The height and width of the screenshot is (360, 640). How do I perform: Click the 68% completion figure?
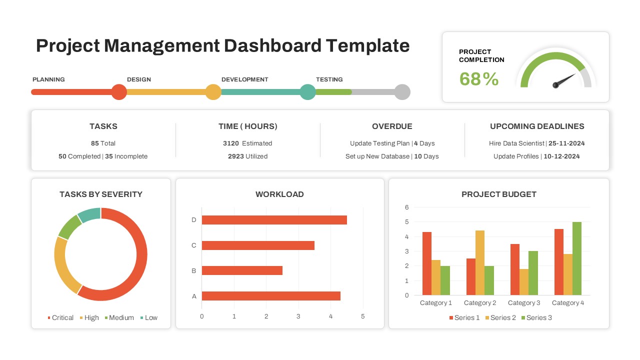(x=478, y=79)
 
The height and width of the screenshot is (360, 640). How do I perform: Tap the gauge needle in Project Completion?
(x=564, y=80)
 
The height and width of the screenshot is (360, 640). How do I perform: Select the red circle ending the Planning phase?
(x=119, y=92)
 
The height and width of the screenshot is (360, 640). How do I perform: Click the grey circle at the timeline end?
(x=402, y=92)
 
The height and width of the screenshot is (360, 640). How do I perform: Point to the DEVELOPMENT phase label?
(x=244, y=79)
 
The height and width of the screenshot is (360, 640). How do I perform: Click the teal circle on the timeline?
(x=308, y=92)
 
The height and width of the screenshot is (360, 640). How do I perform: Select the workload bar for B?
(x=242, y=270)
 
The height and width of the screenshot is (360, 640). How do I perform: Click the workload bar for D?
(x=274, y=220)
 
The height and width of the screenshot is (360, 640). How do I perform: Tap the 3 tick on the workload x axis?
(x=298, y=316)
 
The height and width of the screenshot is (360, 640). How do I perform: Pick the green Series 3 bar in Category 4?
(x=576, y=258)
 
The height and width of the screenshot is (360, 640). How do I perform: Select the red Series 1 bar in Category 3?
(x=515, y=269)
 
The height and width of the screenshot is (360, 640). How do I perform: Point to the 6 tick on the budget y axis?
(x=407, y=207)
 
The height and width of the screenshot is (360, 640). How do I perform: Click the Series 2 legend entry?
(x=500, y=317)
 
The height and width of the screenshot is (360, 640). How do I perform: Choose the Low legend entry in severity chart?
(x=148, y=317)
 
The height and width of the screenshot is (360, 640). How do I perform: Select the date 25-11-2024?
(x=566, y=143)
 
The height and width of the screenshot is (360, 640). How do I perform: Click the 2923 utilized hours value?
(x=235, y=156)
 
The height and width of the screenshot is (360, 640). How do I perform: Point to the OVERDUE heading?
(x=392, y=126)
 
